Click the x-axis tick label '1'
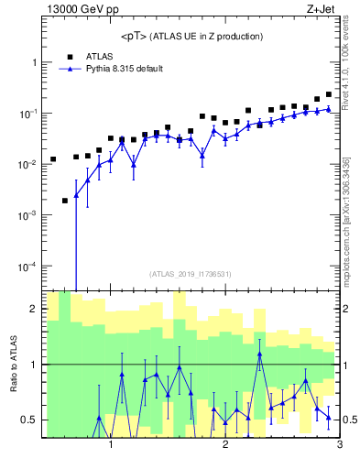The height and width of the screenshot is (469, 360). [x=111, y=445]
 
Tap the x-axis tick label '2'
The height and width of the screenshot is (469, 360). [x=225, y=445]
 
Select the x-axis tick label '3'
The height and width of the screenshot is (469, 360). [x=339, y=445]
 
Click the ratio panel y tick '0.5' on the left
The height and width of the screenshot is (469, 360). [x=29, y=420]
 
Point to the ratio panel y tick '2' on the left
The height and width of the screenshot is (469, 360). [x=33, y=309]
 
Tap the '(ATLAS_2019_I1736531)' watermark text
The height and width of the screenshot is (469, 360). [x=191, y=274]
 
